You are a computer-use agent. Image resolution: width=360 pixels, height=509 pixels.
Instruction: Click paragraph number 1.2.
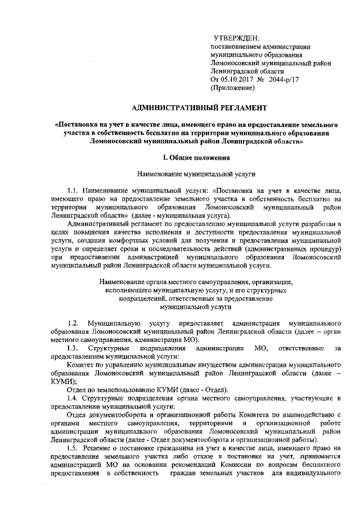coord(72,323)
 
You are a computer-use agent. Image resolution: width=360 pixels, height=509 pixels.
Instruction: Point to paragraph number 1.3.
coord(72,349)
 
